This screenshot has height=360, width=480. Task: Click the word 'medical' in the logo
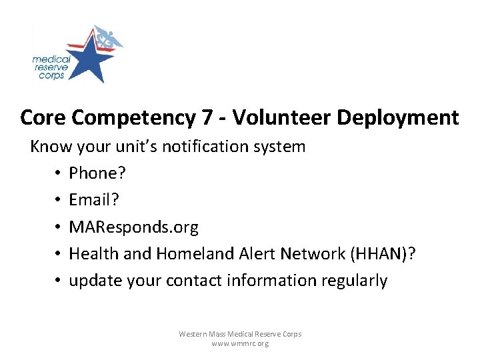[51, 59]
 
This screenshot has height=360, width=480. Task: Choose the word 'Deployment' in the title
[398, 118]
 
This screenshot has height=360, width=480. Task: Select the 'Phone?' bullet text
[97, 173]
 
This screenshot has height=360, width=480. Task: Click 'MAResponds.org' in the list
[133, 227]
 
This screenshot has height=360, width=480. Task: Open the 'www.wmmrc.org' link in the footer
[240, 343]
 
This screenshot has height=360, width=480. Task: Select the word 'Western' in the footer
[193, 333]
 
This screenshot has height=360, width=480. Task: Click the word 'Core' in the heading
[43, 117]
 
